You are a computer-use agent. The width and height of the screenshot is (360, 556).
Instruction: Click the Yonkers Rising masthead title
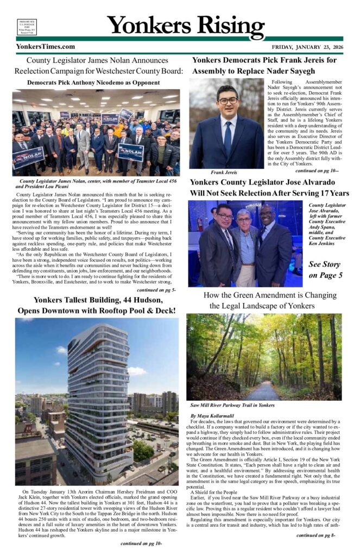pyautogui.click(x=186, y=24)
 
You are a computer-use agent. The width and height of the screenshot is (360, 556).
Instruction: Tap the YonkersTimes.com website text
pyautogui.click(x=46, y=47)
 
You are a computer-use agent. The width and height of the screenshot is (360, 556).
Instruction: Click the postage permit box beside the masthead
pyautogui.click(x=27, y=27)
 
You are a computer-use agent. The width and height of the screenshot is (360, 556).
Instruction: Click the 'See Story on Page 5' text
pyautogui.click(x=325, y=270)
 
